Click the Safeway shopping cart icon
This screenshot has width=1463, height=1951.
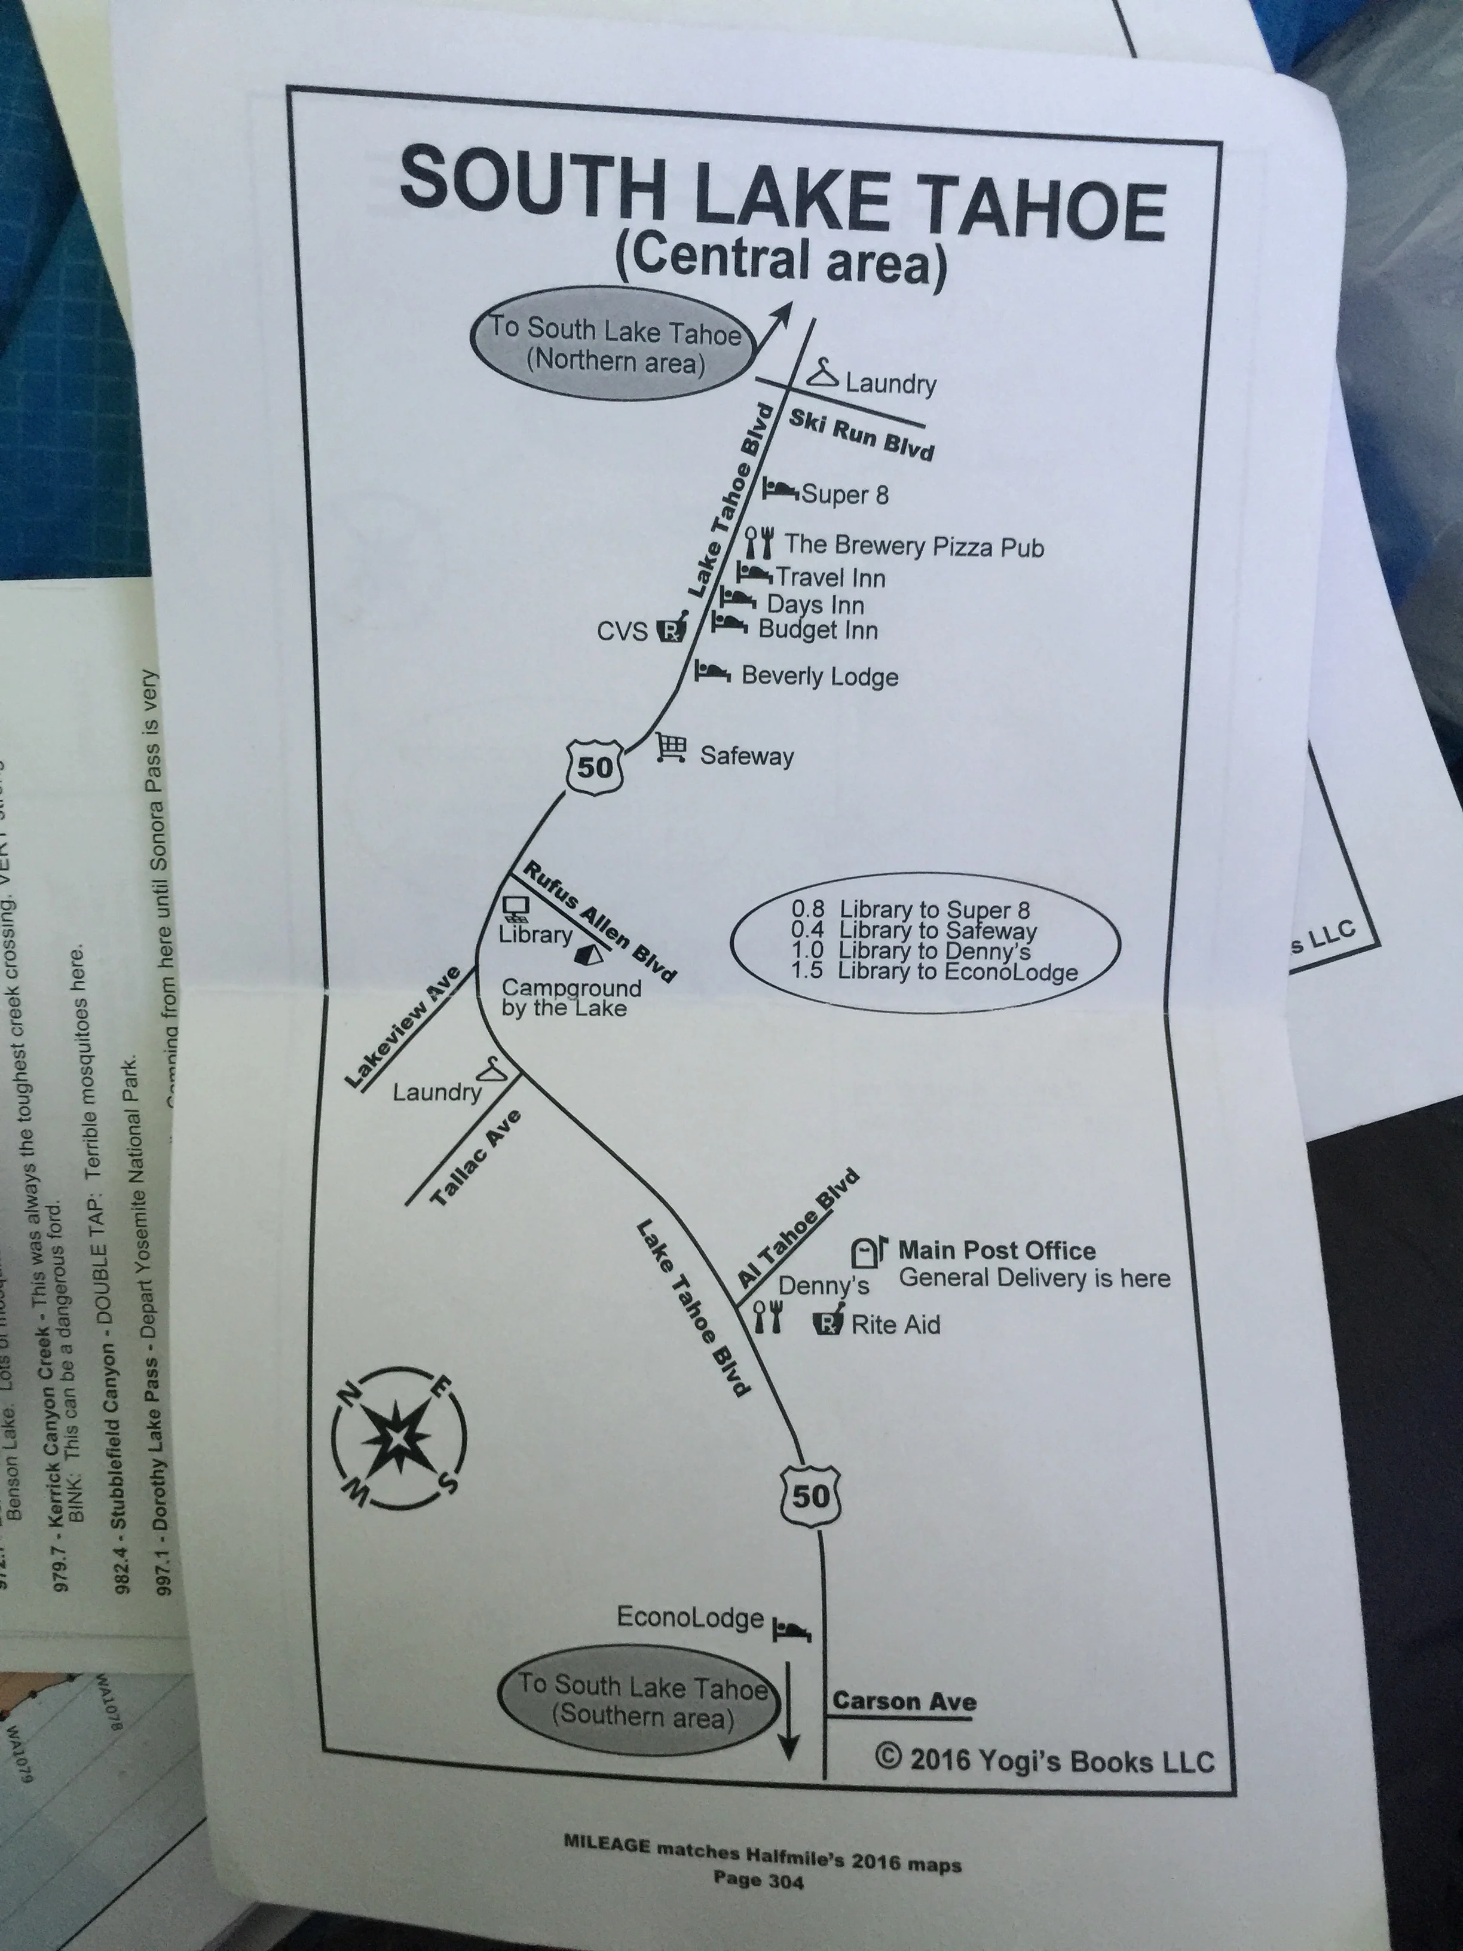(671, 749)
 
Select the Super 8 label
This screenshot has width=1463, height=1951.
(844, 495)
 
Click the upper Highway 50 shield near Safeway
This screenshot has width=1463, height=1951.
(595, 767)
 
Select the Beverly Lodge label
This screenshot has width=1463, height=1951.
(819, 677)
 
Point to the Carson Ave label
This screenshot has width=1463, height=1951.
(904, 1701)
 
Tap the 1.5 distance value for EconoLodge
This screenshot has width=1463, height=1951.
(807, 972)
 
